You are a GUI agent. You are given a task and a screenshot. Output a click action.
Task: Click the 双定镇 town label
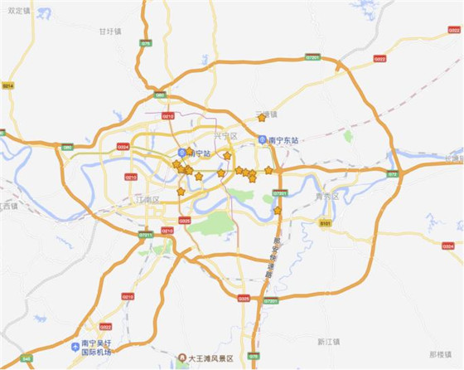17,11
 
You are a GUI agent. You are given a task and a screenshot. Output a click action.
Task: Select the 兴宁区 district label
225,134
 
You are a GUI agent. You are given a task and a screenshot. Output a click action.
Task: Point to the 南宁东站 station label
287,140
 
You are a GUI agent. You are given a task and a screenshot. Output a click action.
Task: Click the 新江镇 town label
329,341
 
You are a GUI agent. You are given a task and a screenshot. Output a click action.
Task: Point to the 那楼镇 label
441,353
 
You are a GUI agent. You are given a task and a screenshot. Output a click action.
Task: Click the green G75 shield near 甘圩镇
146,43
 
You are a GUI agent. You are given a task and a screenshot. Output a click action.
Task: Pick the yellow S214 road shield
8,85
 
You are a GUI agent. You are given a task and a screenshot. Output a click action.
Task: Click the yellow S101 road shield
325,222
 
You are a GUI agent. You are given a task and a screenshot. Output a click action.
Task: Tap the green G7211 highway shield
146,235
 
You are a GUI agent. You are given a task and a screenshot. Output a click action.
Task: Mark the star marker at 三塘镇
262,117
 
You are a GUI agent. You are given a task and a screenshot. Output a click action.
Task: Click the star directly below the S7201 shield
278,211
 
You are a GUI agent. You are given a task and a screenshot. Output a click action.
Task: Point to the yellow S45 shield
27,358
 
